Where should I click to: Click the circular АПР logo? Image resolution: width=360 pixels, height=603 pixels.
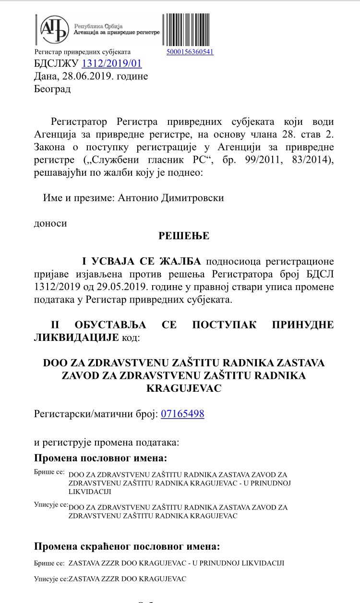pyautogui.click(x=54, y=30)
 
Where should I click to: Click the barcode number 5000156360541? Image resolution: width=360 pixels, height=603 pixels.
pyautogui.click(x=190, y=52)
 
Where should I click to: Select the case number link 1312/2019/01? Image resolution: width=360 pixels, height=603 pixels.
pyautogui.click(x=112, y=63)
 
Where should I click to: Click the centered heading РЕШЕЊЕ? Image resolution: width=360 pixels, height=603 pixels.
pyautogui.click(x=184, y=236)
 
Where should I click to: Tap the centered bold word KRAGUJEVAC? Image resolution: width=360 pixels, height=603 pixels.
pyautogui.click(x=184, y=388)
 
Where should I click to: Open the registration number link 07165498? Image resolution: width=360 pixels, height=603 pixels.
pyautogui.click(x=182, y=413)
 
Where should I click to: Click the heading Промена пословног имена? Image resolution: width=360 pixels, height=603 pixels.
pyautogui.click(x=101, y=458)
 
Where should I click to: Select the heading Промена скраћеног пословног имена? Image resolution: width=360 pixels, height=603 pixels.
pyautogui.click(x=127, y=546)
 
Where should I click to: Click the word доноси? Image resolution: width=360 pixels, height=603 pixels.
pyautogui.click(x=50, y=223)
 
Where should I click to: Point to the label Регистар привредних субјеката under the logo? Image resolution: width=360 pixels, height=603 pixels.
pyautogui.click(x=83, y=52)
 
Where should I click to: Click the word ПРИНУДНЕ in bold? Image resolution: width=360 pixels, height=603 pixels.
pyautogui.click(x=302, y=325)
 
